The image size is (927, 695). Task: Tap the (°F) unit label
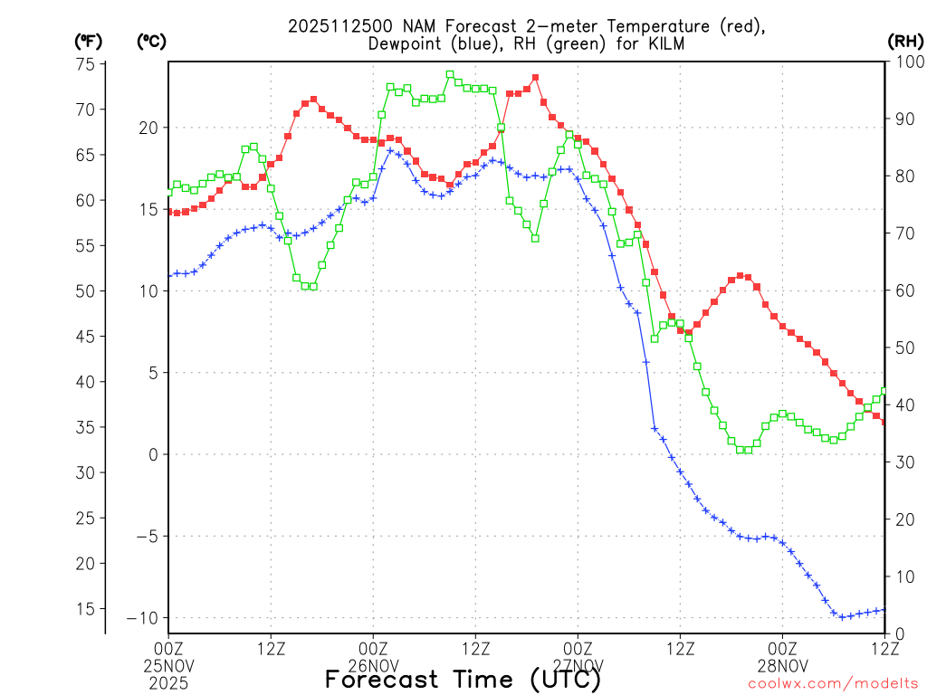click(x=88, y=41)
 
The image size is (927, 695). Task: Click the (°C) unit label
click(x=151, y=41)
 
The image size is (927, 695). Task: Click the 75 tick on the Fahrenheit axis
click(x=86, y=64)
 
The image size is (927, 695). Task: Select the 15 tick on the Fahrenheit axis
click(x=86, y=609)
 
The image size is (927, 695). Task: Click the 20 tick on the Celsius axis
click(x=148, y=128)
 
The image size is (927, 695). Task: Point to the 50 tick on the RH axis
click(x=903, y=347)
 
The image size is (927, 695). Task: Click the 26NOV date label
click(x=373, y=666)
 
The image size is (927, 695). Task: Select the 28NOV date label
click(x=783, y=666)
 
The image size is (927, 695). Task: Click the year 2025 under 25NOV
click(x=168, y=682)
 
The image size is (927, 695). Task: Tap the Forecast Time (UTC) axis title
click(x=463, y=679)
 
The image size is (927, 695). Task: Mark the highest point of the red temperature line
click(x=535, y=78)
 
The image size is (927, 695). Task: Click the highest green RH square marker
click(x=450, y=74)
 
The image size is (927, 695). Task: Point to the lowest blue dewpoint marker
click(x=842, y=617)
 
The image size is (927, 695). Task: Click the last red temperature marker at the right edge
click(x=884, y=422)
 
